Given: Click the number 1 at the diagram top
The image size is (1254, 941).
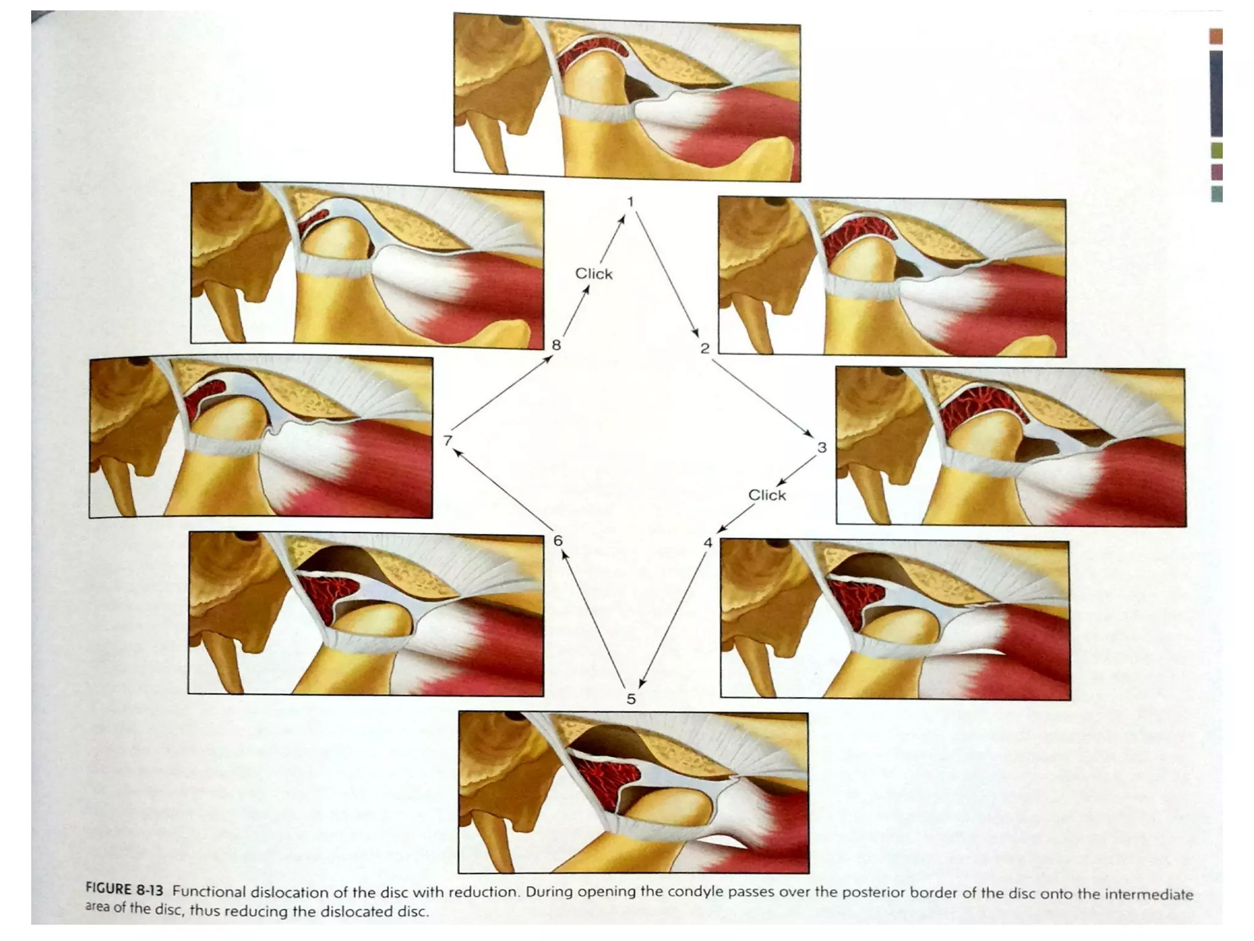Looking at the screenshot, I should (630, 202).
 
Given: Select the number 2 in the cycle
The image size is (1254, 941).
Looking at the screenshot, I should (705, 348).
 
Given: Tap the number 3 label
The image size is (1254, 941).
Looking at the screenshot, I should (822, 447).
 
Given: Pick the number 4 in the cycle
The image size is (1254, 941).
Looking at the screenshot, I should (708, 542).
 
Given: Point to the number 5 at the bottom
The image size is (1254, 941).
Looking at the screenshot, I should (631, 698).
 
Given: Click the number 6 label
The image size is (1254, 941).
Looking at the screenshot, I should (558, 540).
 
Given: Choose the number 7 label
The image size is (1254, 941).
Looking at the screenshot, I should (448, 440).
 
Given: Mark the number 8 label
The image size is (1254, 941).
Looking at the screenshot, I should (556, 345).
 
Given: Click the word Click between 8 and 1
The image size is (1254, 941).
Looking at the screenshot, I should (593, 274).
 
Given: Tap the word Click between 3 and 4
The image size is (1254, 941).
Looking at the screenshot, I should (767, 495).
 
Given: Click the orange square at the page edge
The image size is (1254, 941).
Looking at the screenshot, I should (1216, 36).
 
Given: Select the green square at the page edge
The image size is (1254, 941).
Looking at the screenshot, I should (1217, 150).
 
